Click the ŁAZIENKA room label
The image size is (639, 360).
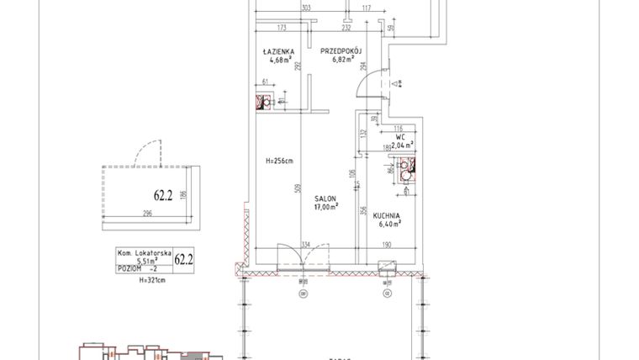[x=277, y=51]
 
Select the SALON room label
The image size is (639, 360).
[x=327, y=198]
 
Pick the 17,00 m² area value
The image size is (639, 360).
[x=327, y=206]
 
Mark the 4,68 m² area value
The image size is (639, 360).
[x=281, y=60]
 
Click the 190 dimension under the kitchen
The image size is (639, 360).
[x=388, y=246]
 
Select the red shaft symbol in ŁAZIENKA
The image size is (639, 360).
[x=261, y=104]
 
